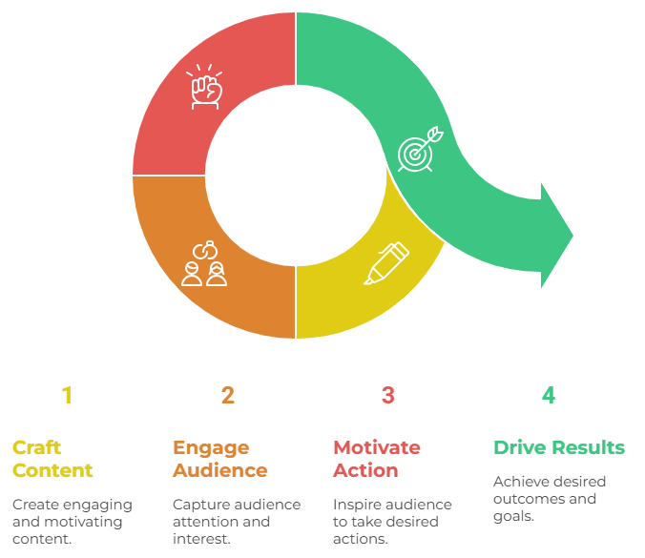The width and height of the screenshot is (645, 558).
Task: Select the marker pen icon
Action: pos(386,263)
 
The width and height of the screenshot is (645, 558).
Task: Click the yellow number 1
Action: pos(67,395)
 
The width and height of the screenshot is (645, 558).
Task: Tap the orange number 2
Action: pos(227,395)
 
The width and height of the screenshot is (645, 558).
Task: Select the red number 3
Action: pos(387,395)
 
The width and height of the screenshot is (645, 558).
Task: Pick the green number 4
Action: pos(548,395)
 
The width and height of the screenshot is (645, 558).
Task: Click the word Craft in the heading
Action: pos(35,447)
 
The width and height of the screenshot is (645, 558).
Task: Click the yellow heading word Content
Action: pos(52,470)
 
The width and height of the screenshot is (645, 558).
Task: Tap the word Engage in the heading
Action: pos(211,447)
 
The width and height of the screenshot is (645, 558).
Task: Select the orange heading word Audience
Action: pos(219,470)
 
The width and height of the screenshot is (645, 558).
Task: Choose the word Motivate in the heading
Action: pos(376,447)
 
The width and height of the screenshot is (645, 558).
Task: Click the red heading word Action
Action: pos(365,470)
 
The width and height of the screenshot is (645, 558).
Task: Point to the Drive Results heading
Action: pos(559,447)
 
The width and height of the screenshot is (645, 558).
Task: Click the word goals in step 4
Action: pos(511,516)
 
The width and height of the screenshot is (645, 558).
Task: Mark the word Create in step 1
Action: pos(34,504)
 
